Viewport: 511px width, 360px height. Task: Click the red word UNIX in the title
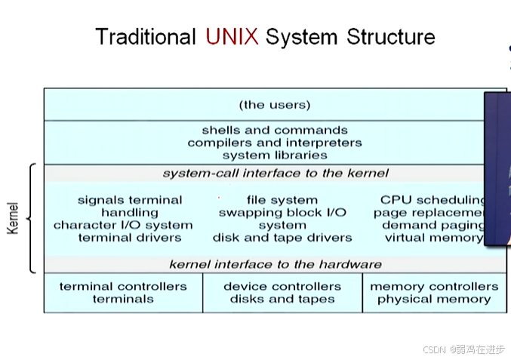232,36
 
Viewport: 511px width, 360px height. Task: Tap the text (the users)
275,105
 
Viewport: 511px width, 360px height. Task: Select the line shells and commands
275,130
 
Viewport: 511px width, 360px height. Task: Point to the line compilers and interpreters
275,143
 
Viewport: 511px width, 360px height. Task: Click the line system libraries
275,155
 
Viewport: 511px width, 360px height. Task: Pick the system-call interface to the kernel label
275,174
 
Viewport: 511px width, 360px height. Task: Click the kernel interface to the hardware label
275,265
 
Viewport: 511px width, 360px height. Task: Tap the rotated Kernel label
13,217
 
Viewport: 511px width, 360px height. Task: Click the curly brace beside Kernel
32,219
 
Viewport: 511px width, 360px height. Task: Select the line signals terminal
130,200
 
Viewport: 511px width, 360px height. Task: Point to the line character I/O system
123,225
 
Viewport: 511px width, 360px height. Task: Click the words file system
282,200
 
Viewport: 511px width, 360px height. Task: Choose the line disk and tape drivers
282,238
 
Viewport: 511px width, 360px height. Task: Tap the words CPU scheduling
433,200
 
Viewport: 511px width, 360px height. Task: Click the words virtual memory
433,238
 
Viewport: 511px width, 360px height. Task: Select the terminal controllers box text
123,287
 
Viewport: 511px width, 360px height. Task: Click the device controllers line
282,287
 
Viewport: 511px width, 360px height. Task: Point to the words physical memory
434,300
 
